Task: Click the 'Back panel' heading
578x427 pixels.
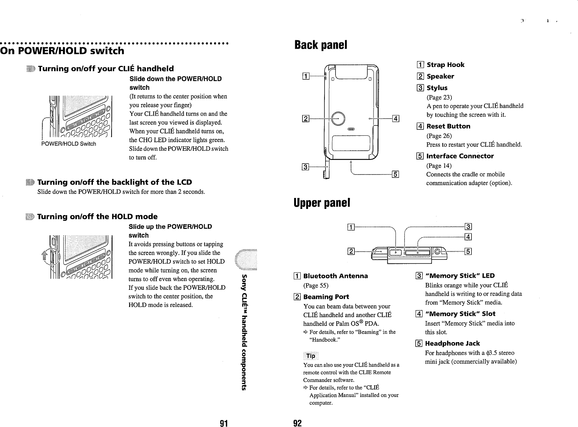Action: click(x=321, y=45)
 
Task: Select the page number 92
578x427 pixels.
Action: click(x=297, y=423)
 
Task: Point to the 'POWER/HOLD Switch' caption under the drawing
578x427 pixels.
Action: click(x=69, y=144)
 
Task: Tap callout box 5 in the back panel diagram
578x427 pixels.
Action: click(x=395, y=174)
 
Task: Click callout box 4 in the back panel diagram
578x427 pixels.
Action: click(x=395, y=118)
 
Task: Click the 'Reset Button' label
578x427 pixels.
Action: click(x=448, y=126)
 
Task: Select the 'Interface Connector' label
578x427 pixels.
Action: click(x=460, y=156)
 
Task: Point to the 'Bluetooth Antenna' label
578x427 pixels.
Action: click(x=335, y=276)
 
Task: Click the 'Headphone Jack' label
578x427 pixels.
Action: click(x=452, y=344)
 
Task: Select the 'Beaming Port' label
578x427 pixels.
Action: click(x=326, y=297)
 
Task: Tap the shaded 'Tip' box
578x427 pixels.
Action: click(x=311, y=356)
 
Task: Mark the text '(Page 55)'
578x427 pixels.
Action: click(x=316, y=285)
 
